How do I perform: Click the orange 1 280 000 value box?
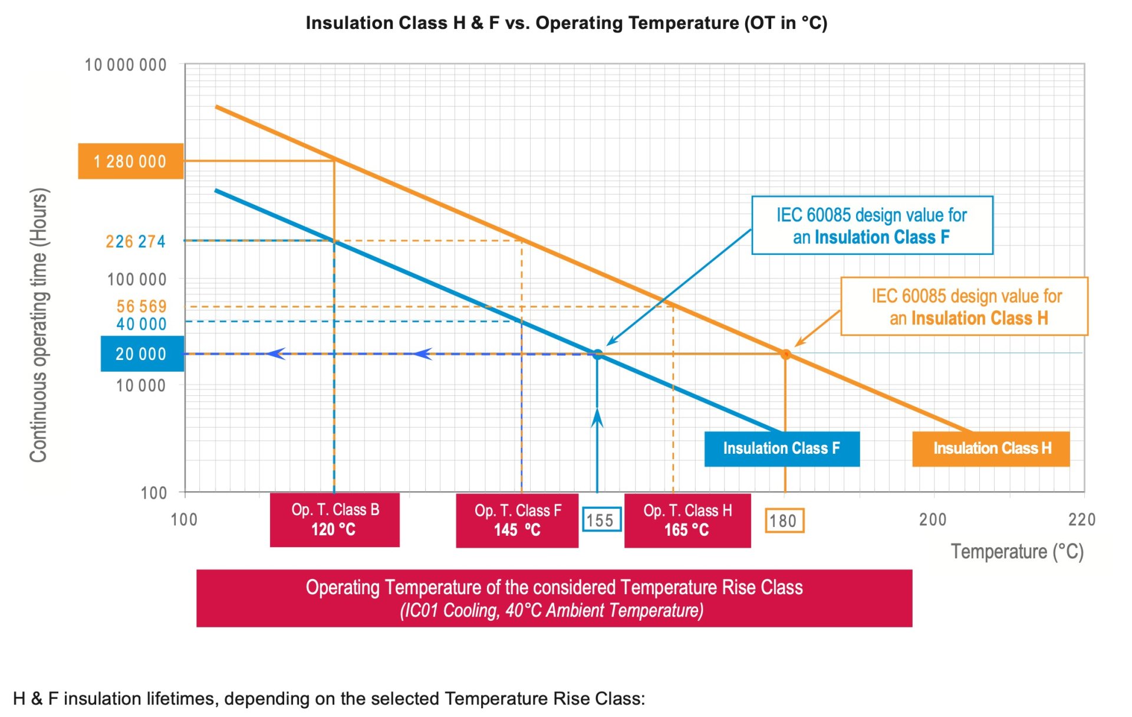coord(130,161)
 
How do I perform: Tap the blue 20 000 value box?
coord(141,353)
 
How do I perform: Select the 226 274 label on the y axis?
coord(136,241)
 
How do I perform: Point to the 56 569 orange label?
coord(141,306)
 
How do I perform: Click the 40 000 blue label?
coord(141,324)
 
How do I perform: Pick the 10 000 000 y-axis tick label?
coord(126,65)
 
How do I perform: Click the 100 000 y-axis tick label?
coord(137,279)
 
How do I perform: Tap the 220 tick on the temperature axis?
coord(1081,520)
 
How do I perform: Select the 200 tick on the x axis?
coord(933,520)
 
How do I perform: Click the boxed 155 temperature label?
coord(601,520)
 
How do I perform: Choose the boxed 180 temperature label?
coord(784,521)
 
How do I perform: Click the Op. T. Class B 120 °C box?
coord(334,520)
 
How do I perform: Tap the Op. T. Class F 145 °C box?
coord(517,520)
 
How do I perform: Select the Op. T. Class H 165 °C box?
coord(687,520)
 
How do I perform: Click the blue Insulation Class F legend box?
coord(781,448)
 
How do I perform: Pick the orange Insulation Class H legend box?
coord(990,448)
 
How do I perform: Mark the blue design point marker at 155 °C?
coord(597,355)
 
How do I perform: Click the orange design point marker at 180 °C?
coord(785,355)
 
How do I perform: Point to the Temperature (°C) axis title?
coord(1016,552)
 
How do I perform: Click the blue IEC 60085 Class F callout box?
coord(871,225)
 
